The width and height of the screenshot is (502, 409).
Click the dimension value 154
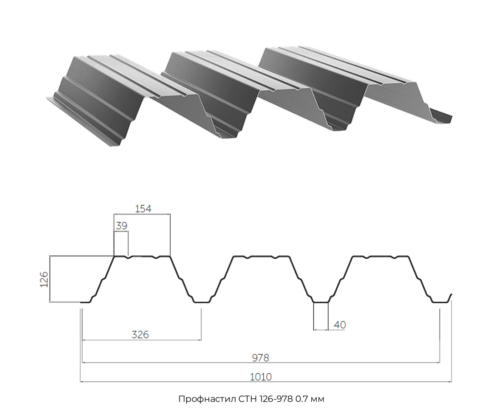[143, 209]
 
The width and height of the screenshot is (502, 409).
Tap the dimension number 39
[122, 226]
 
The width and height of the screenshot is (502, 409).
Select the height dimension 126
[44, 279]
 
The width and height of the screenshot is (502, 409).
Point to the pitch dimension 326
[140, 335]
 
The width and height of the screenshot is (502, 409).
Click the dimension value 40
[340, 325]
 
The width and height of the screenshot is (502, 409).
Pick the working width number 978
[260, 357]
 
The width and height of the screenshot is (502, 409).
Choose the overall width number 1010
[261, 376]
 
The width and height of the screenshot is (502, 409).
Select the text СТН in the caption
[247, 399]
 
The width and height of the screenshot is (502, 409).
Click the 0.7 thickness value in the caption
[300, 399]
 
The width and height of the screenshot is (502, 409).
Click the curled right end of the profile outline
[450, 297]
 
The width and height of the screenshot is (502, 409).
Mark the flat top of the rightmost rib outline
[380, 256]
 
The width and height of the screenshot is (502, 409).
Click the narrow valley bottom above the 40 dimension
[321, 302]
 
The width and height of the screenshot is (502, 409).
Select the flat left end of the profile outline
[85, 302]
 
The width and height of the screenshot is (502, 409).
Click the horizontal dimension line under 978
[261, 363]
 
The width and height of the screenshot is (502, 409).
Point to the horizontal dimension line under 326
[142, 340]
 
